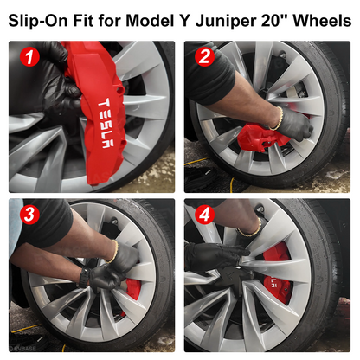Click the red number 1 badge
(32, 58)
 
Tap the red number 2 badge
(204, 58)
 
